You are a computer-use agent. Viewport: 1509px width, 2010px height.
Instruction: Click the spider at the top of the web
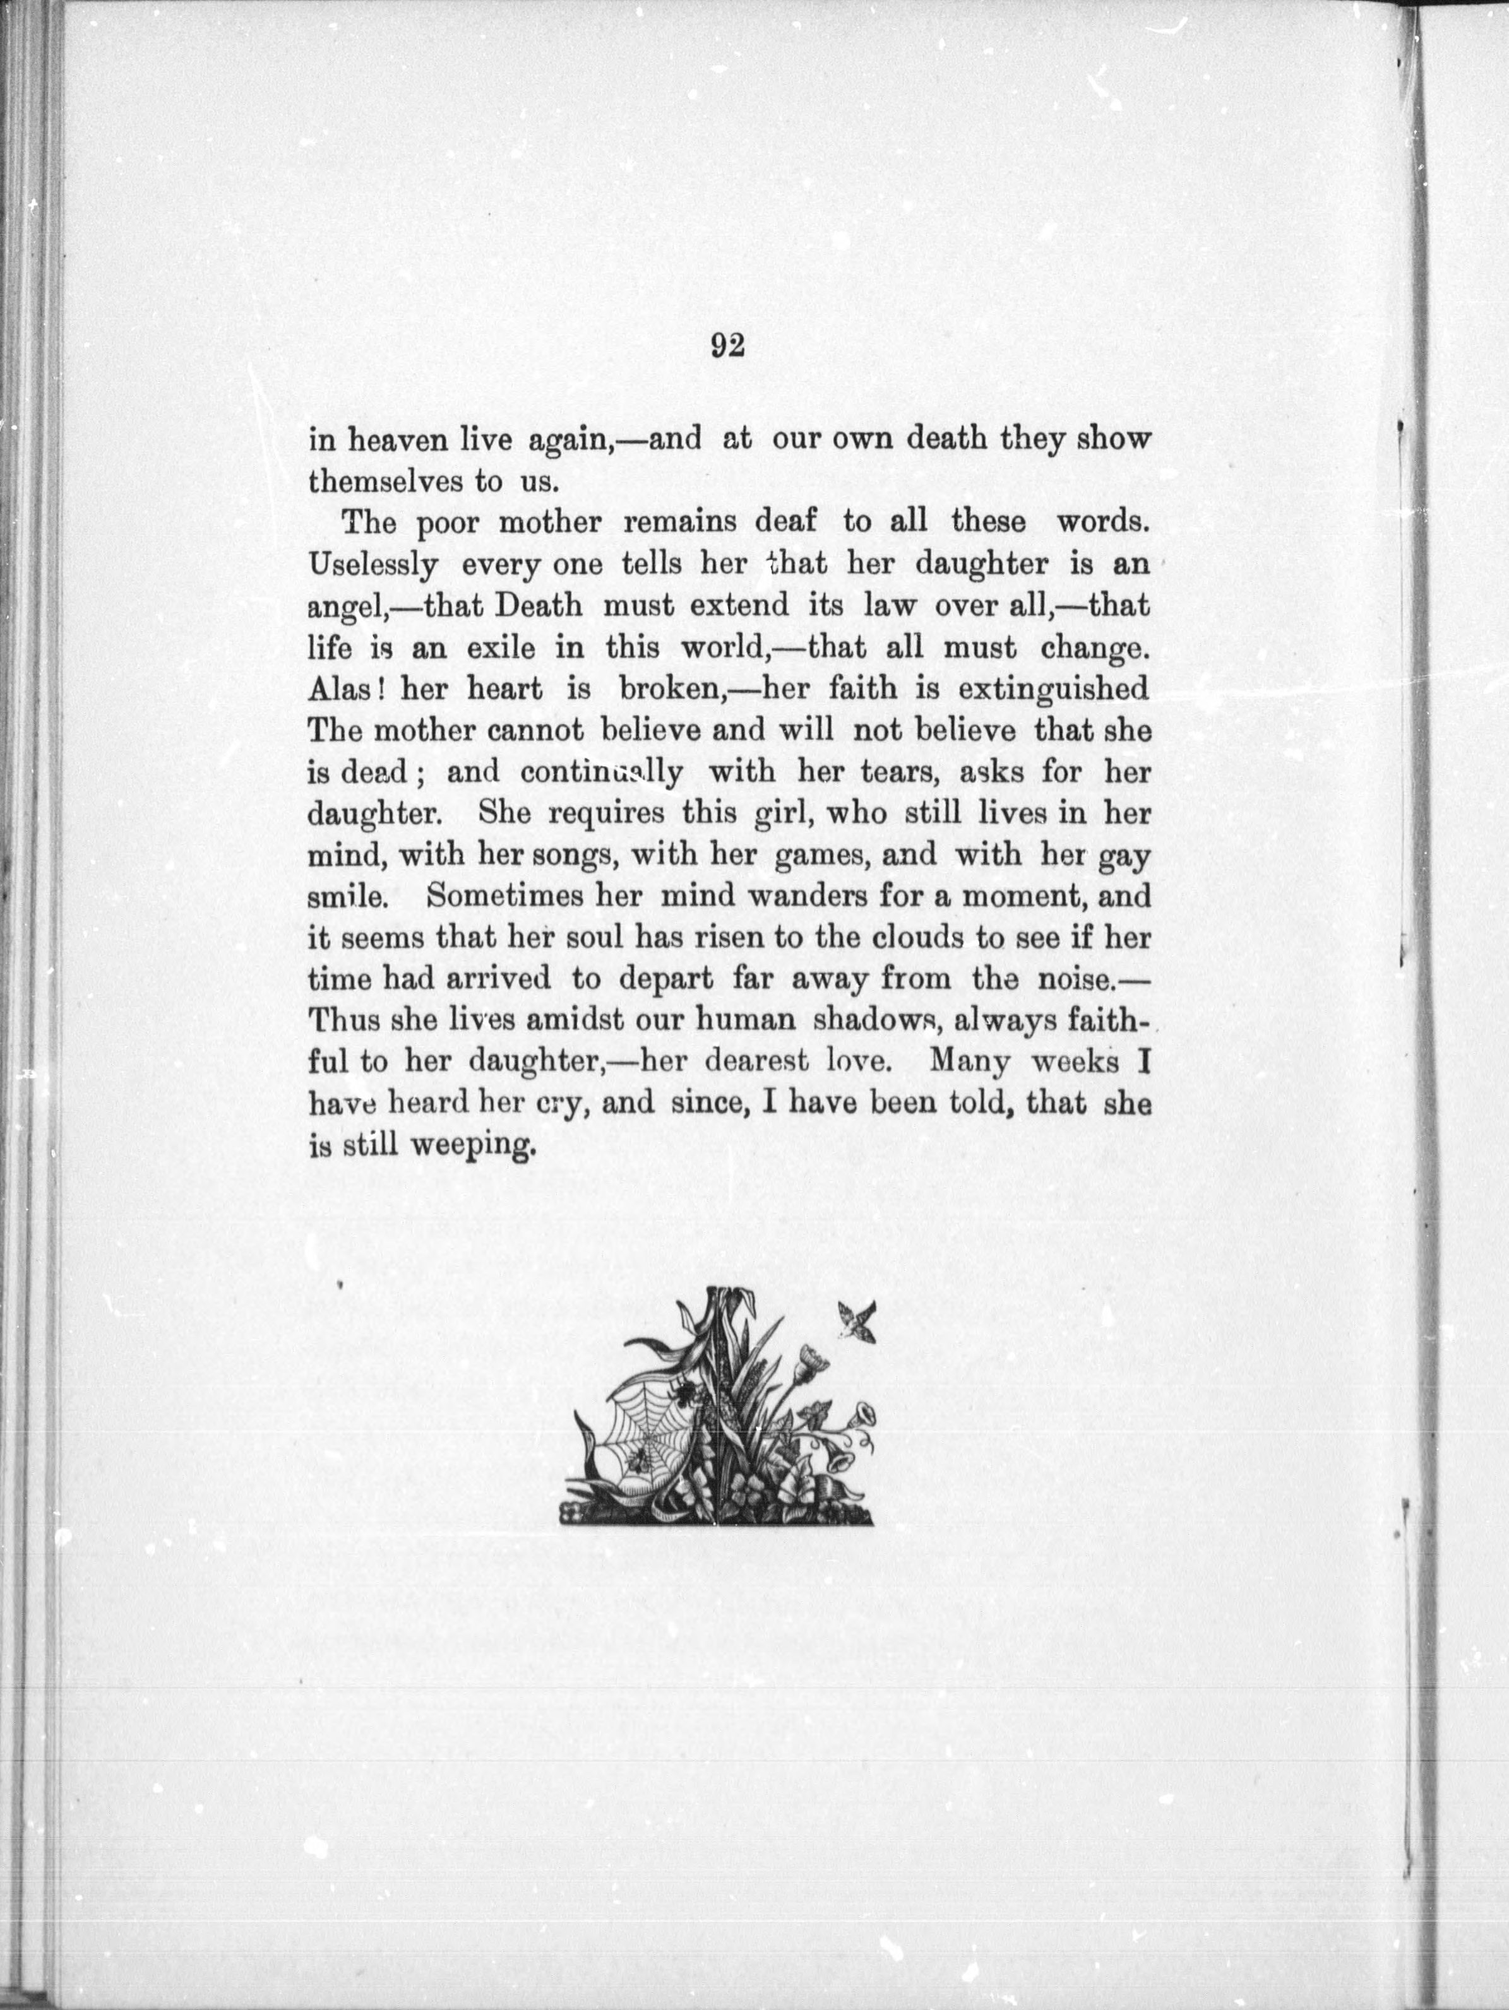pyautogui.click(x=684, y=1415)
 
